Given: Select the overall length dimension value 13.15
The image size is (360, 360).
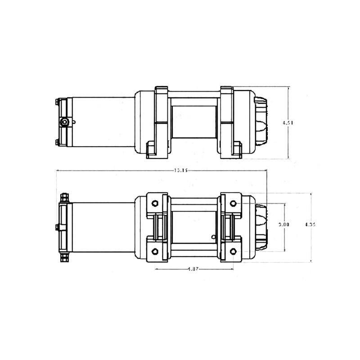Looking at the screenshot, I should point(180,170).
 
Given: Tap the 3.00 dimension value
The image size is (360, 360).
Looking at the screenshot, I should point(284,224).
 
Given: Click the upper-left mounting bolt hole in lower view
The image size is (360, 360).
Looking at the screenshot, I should point(155,202).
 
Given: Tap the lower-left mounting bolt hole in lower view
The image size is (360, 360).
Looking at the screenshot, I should point(155,251).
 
